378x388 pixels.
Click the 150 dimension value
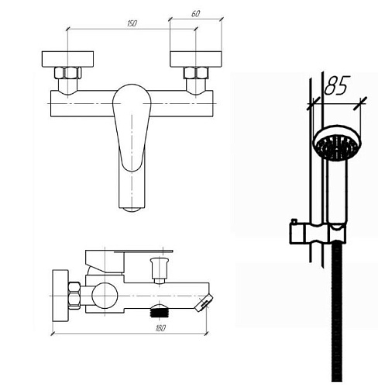(132, 23)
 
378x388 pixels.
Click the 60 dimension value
(196, 14)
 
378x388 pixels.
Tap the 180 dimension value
(160, 328)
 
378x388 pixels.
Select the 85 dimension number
(337, 85)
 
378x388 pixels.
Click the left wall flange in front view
(67, 59)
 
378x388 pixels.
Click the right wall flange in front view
(196, 59)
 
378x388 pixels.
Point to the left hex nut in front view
(68, 73)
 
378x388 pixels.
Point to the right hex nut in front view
(196, 73)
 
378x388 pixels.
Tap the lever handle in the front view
(132, 127)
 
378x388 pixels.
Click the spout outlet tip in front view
(132, 210)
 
